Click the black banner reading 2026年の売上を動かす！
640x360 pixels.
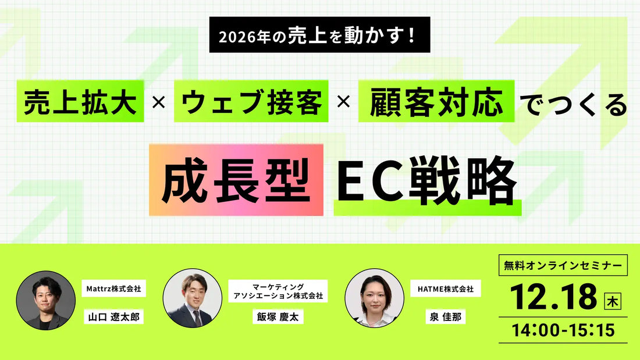coord(319,38)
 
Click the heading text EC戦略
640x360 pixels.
coord(427,179)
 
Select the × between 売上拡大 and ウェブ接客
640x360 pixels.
coord(158,104)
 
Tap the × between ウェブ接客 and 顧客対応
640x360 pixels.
coord(343,104)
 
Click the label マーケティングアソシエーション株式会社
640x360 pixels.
coord(278,291)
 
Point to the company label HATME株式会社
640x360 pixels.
coord(446,288)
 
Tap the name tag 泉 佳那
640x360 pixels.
coord(445,318)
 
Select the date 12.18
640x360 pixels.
coord(554,297)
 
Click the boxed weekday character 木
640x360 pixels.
coord(612,301)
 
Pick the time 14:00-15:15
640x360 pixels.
coord(563,330)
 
